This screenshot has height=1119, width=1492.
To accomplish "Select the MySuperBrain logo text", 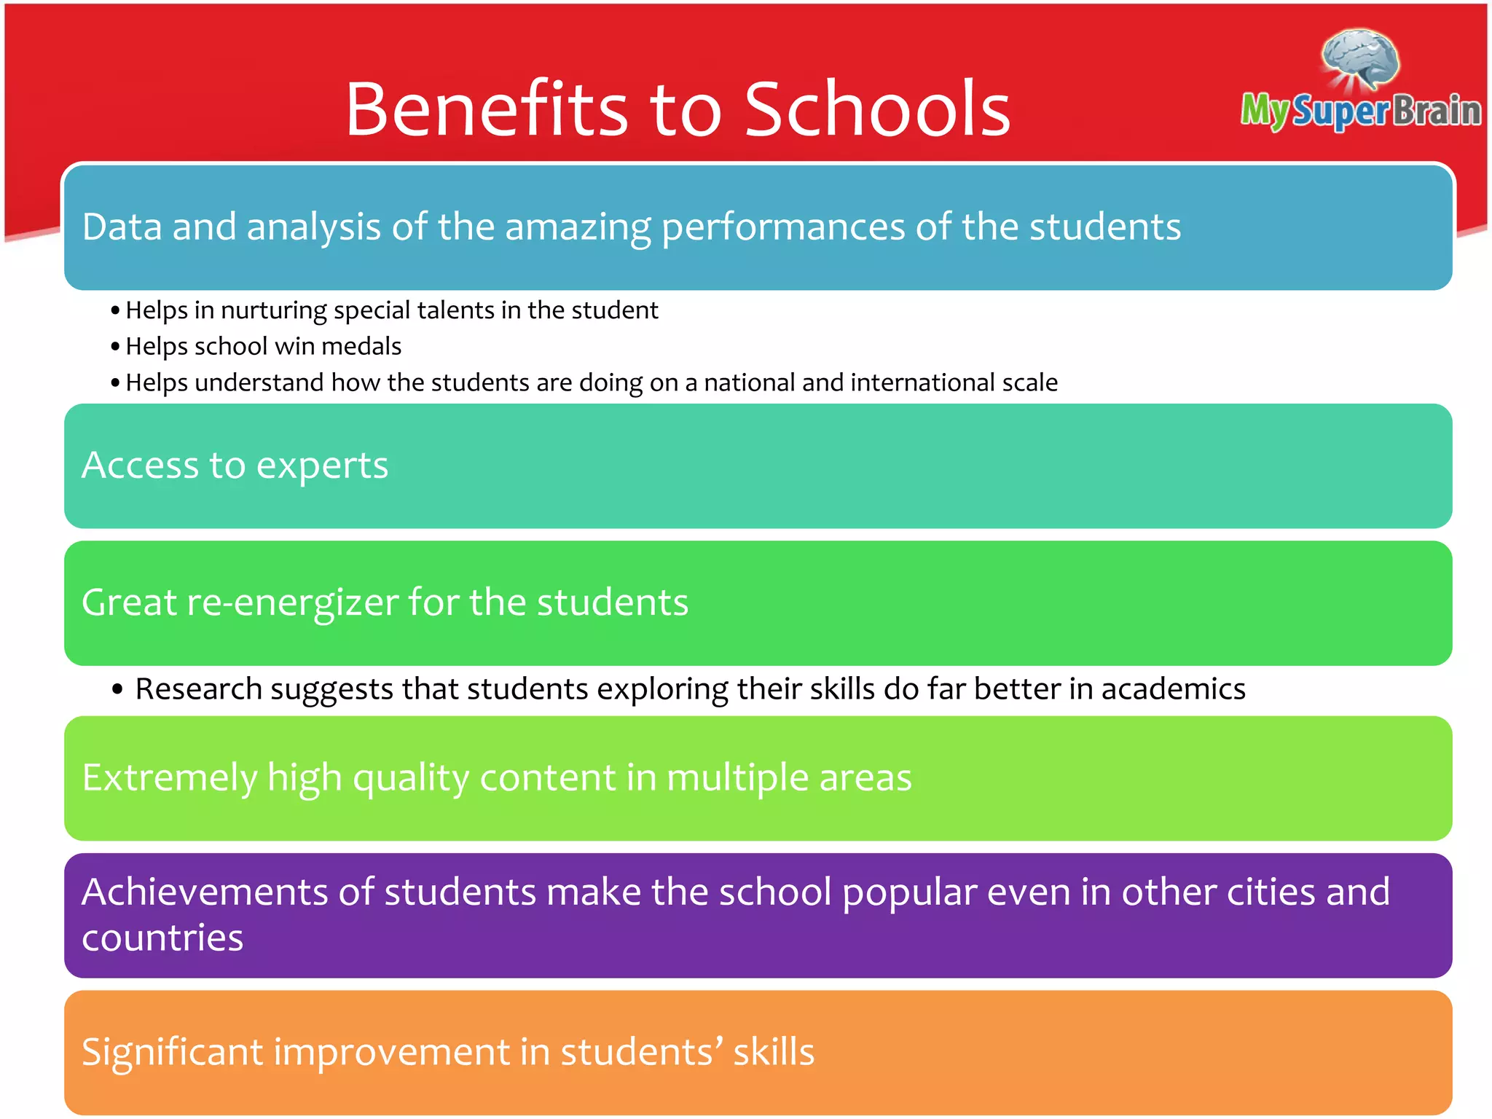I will [x=1361, y=111].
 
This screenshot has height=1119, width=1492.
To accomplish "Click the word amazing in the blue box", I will [x=578, y=227].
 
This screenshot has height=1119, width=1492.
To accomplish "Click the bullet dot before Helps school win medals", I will [x=115, y=346].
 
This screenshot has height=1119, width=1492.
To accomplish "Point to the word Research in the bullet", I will [x=198, y=689].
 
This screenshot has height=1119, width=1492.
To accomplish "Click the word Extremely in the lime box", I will [x=169, y=778].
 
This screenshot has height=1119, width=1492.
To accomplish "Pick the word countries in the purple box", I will [x=162, y=938].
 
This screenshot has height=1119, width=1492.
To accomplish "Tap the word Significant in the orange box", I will [x=172, y=1053].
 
